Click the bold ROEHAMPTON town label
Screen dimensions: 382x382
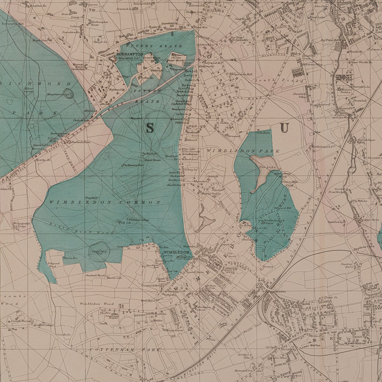pyautogui.click(x=130, y=54)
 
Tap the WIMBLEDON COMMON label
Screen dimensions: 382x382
pyautogui.click(x=105, y=202)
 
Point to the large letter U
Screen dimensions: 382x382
pyautogui.click(x=284, y=128)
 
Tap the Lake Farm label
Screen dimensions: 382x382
pyautogui.click(x=263, y=132)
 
